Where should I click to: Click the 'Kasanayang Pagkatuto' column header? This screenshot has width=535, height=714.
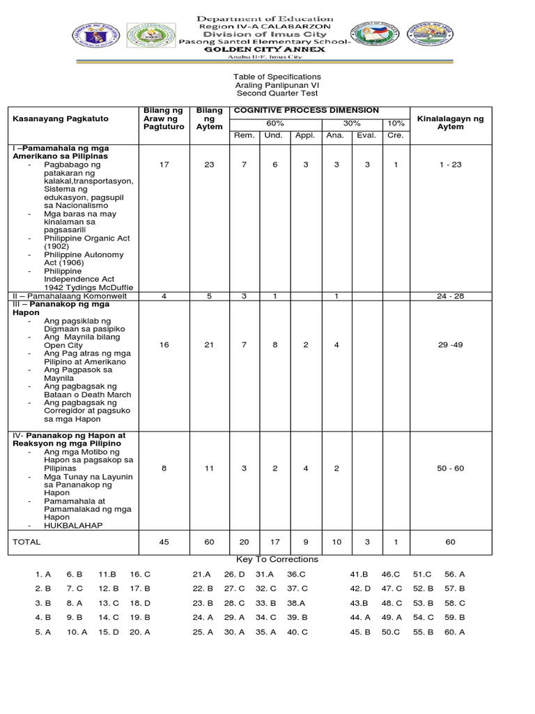[x=60, y=119]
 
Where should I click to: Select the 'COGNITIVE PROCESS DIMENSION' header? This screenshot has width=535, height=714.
[x=307, y=110]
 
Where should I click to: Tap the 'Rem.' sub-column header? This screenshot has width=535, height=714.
[x=244, y=135]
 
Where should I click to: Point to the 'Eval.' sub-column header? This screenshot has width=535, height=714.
[x=366, y=135]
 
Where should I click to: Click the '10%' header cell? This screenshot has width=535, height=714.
[x=395, y=123]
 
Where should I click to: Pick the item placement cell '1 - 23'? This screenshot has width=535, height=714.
[x=450, y=164]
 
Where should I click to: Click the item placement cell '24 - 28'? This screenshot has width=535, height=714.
[x=450, y=296]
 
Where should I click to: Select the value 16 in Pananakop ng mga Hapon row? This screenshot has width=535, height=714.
[x=164, y=345]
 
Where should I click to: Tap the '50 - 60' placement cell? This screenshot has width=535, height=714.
[x=450, y=469]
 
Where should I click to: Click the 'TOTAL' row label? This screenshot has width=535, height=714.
[x=27, y=541]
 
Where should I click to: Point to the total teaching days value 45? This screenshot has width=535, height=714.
[x=164, y=541]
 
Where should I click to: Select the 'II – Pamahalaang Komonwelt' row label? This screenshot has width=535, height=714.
[x=63, y=296]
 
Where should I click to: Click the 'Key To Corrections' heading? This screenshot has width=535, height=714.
[x=277, y=559]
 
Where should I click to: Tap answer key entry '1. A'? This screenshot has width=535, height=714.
[x=43, y=575]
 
